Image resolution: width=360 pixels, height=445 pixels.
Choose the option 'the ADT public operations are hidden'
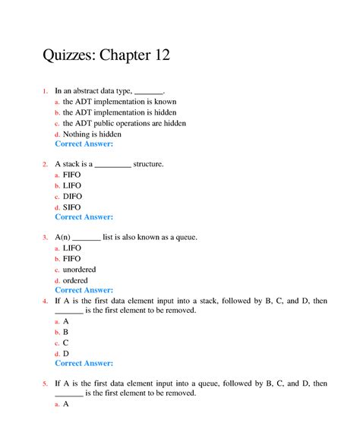coord(125,123)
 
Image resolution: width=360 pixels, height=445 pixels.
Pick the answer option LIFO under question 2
coord(72,185)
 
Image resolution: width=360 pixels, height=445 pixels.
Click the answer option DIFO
coord(73,196)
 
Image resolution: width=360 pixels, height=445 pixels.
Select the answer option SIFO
coord(72,207)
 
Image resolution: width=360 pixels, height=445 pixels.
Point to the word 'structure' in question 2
coord(147,163)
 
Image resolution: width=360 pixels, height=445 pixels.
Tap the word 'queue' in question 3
coord(184,237)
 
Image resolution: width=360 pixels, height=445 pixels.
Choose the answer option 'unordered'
coord(80,269)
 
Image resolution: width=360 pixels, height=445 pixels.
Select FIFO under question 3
coord(72,258)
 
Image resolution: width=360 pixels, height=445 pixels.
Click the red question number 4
coord(45,301)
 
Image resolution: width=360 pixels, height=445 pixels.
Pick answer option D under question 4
coord(66,353)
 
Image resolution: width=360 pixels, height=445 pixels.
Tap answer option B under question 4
coord(66,332)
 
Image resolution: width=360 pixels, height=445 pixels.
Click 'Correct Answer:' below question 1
coord(84,144)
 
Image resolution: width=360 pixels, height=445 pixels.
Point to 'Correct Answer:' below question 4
coord(84,363)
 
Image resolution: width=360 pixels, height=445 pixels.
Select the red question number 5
coord(45,383)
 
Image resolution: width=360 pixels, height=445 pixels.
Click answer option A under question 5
coord(66,404)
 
